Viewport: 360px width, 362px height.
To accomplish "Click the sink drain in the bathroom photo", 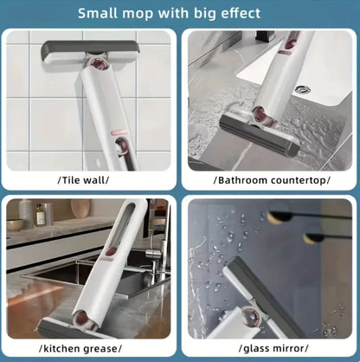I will [302, 89].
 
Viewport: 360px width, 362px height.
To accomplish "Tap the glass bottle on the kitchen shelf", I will [40, 214].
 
